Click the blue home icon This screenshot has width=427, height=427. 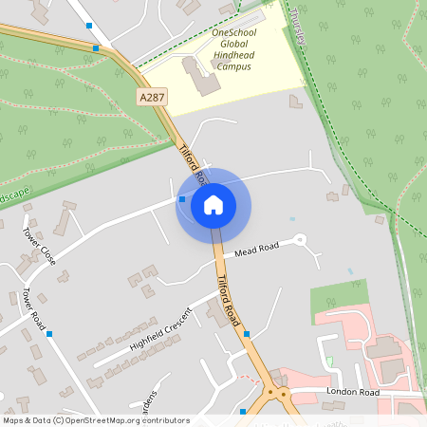point(213,204)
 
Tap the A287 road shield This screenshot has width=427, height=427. point(153,98)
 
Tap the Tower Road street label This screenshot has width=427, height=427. point(34,308)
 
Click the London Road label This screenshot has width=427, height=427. point(352,391)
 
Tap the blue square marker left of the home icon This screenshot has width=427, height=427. point(181,199)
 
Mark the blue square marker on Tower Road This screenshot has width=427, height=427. point(49,334)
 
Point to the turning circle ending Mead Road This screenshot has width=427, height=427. point(300,240)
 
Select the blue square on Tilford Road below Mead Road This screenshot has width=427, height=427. point(247,334)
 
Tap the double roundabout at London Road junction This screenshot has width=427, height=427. point(275,391)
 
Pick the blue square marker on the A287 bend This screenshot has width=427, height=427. point(96,47)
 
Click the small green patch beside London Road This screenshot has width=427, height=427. point(329,361)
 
